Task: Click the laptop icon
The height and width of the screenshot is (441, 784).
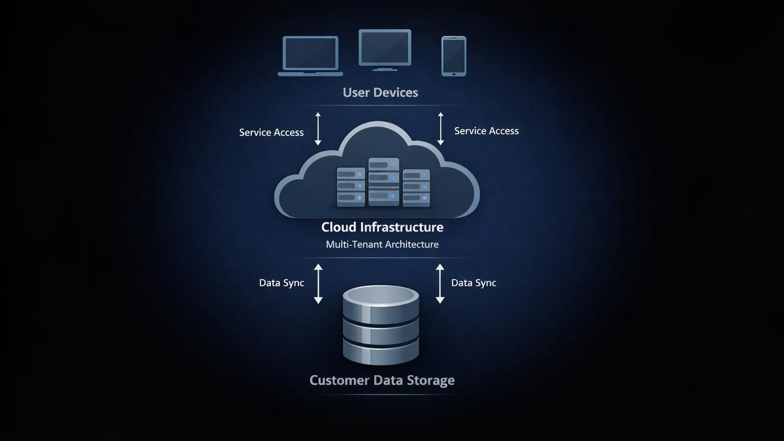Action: click(310, 55)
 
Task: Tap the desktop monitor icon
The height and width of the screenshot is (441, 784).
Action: click(385, 49)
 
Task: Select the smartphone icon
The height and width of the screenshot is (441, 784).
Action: click(454, 56)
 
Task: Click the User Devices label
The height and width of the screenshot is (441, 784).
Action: click(380, 92)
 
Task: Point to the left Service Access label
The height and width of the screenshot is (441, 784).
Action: click(272, 133)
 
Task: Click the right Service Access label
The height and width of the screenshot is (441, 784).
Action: click(486, 131)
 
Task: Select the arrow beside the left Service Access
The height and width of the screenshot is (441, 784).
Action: click(318, 129)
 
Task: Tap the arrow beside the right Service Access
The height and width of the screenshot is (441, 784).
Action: click(440, 129)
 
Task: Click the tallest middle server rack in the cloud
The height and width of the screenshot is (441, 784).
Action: click(384, 182)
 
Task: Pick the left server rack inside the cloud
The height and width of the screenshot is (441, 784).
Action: click(351, 187)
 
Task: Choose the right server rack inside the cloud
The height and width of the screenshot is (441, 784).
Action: click(416, 188)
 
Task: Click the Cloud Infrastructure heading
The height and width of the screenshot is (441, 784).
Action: click(382, 227)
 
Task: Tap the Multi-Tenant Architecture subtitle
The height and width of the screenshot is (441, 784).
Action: click(382, 244)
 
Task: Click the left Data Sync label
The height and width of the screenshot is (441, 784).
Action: click(281, 283)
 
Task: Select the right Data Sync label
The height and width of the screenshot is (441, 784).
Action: click(474, 283)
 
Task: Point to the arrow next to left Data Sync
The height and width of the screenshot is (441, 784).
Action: click(318, 284)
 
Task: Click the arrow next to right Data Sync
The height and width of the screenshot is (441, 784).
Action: click(440, 284)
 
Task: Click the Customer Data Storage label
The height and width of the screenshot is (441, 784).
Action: click(382, 380)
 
